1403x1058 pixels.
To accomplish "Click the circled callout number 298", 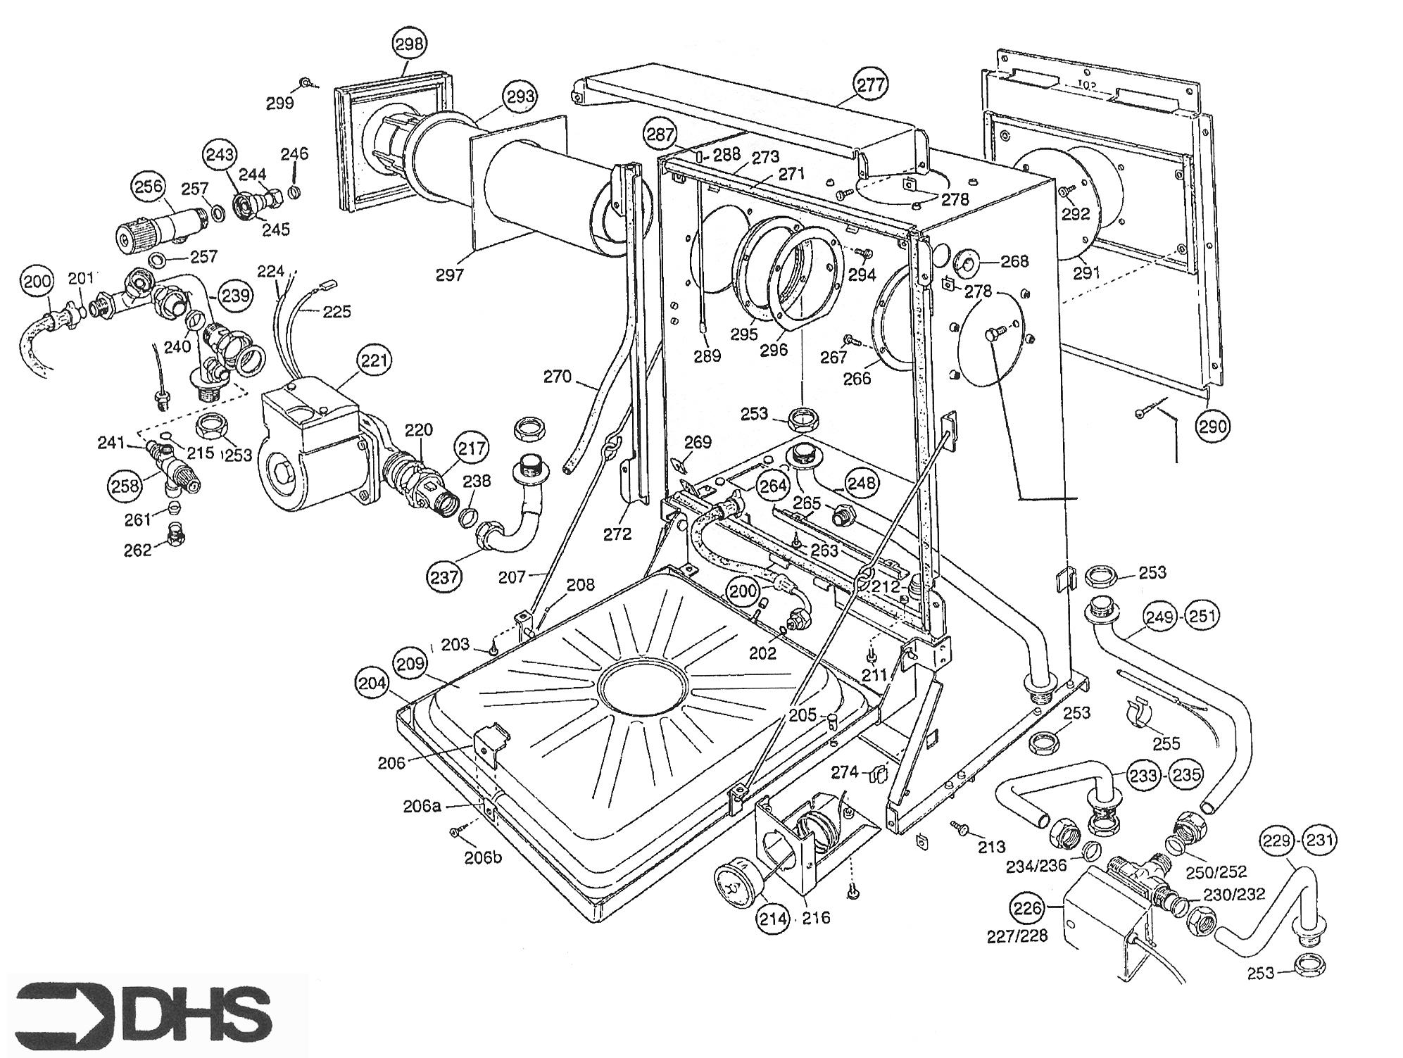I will coord(410,44).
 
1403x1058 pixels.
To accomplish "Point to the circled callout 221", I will coord(375,361).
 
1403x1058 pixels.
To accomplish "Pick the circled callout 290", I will coord(1213,426).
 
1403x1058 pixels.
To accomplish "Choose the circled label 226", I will coord(1027,909).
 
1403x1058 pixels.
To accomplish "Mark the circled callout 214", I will coord(773,918).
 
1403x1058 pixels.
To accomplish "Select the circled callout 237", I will coord(444,577).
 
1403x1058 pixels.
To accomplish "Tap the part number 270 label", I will coord(558,377).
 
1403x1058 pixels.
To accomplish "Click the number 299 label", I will coord(279,103).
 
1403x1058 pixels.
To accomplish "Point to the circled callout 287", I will coord(660,134).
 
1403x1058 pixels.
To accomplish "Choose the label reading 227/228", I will coord(1017,936).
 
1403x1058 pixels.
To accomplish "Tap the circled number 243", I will coord(220,155).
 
